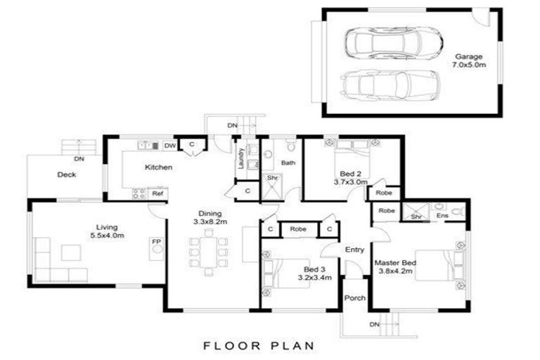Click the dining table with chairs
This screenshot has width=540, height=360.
[x=208, y=251]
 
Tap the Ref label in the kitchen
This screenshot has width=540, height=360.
[x=157, y=193]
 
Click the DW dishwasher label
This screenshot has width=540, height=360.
[x=169, y=146]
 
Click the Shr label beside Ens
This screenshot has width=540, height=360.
[x=416, y=217]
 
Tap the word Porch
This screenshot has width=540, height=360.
[x=355, y=298]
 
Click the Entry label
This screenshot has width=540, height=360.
[x=354, y=250]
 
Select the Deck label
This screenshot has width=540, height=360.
[x=67, y=175]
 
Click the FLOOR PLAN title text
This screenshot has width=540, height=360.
[x=259, y=345]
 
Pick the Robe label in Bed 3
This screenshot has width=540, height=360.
[x=298, y=229]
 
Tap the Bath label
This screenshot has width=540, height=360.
[x=288, y=163]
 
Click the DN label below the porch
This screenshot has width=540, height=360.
[x=373, y=324]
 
